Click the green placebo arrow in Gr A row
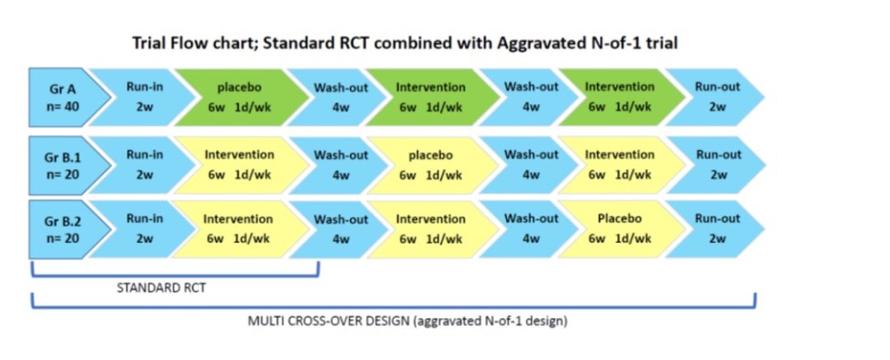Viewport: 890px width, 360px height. tap(238, 97)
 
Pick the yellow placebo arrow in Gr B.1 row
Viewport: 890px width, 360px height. tap(429, 165)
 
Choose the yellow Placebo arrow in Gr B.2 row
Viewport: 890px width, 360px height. tap(620, 229)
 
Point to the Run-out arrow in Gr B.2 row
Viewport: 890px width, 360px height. tap(716, 229)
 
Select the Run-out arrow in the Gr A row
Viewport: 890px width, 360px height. tap(716, 97)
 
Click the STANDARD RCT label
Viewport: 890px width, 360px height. tap(162, 288)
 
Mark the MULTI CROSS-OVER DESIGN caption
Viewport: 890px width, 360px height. tap(408, 320)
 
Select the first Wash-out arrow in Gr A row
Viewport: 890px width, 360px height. tap(339, 97)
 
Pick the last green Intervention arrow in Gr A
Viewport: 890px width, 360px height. tap(620, 97)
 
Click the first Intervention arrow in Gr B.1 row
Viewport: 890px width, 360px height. tap(238, 165)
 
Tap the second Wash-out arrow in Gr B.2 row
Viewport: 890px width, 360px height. tap(529, 229)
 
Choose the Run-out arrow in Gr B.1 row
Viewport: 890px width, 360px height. tap(716, 165)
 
